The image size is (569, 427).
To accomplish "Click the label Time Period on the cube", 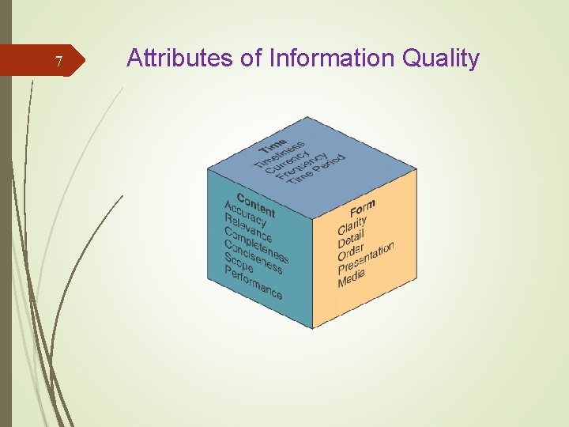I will (316, 171).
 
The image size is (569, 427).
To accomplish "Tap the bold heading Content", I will (255, 204).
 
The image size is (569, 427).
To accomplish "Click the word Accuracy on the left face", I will (245, 214).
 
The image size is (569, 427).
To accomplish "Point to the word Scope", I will (239, 263).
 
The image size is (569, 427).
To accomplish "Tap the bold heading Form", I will (362, 209).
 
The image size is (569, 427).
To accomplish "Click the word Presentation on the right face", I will (365, 258).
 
